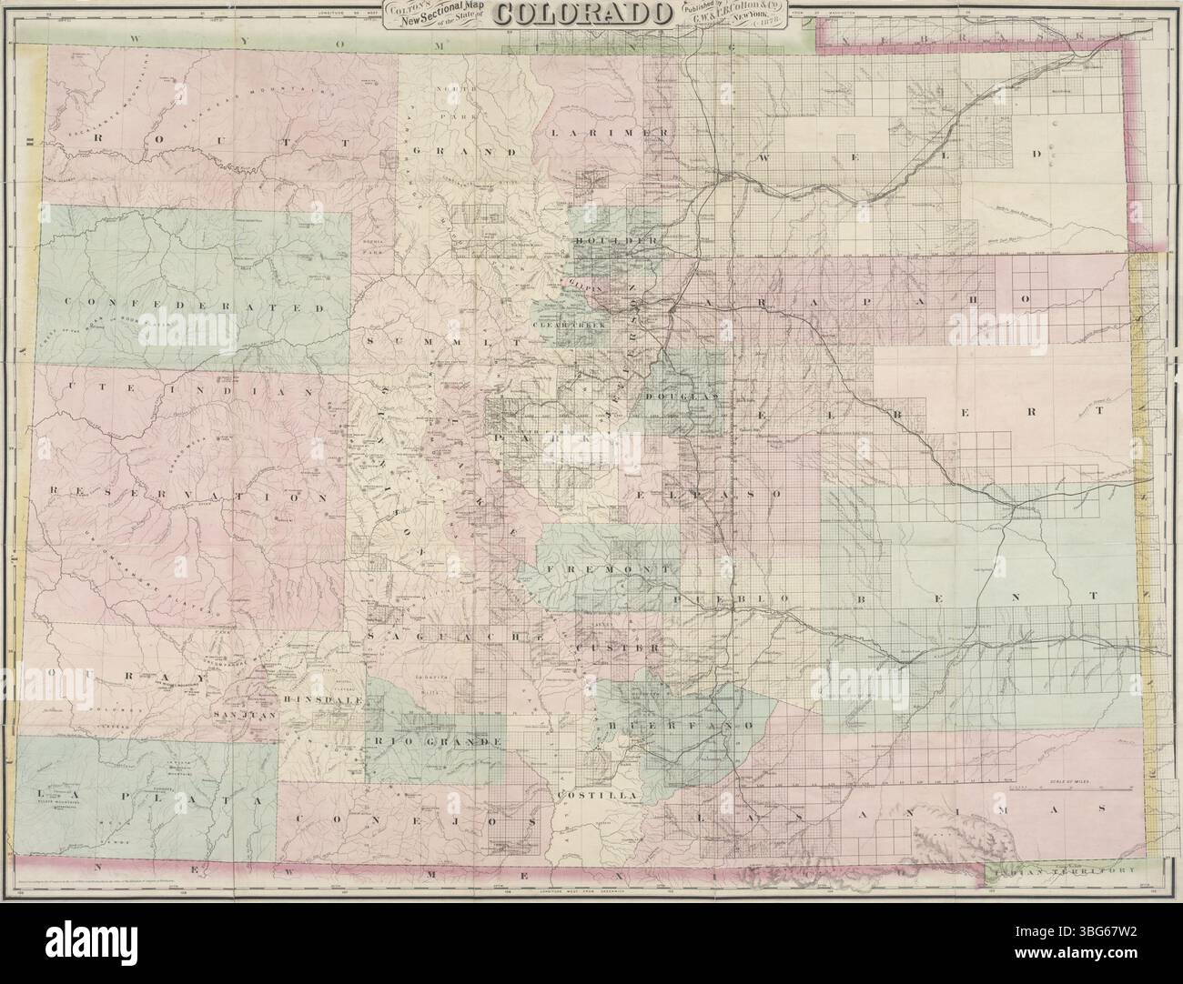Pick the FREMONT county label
(613, 568)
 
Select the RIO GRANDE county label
(436, 742)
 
